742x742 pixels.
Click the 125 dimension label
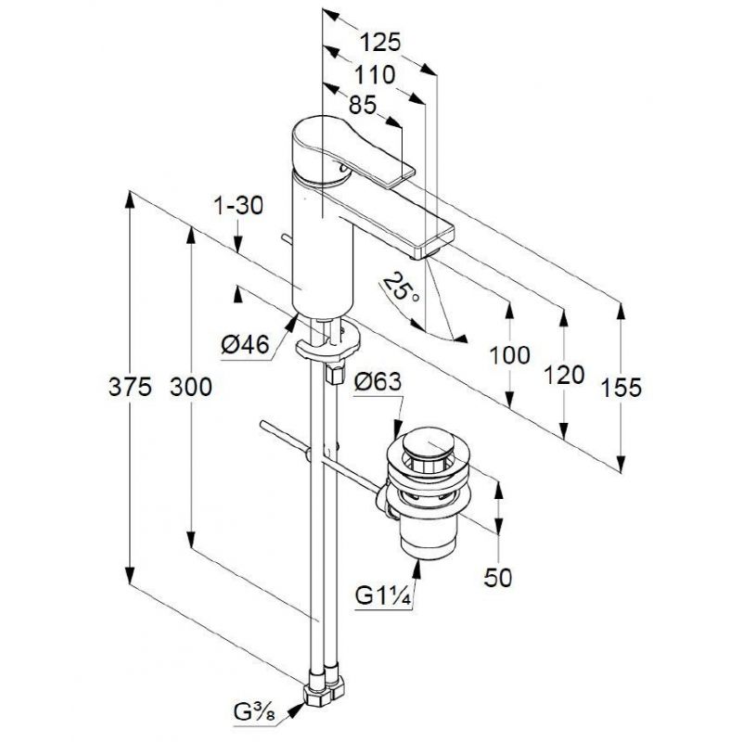(x=380, y=42)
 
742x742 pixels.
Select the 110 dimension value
(x=375, y=75)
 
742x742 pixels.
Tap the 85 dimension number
(x=363, y=105)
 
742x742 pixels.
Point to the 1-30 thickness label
(x=238, y=206)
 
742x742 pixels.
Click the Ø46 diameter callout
(x=246, y=344)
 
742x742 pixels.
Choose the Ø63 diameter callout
(x=377, y=382)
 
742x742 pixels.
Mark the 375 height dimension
(x=130, y=387)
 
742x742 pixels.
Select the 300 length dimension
(x=191, y=387)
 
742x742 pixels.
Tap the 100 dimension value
(x=509, y=355)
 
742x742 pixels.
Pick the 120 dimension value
(x=564, y=376)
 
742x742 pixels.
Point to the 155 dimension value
(x=621, y=388)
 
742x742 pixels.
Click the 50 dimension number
(x=498, y=577)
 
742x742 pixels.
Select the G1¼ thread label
(x=383, y=596)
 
